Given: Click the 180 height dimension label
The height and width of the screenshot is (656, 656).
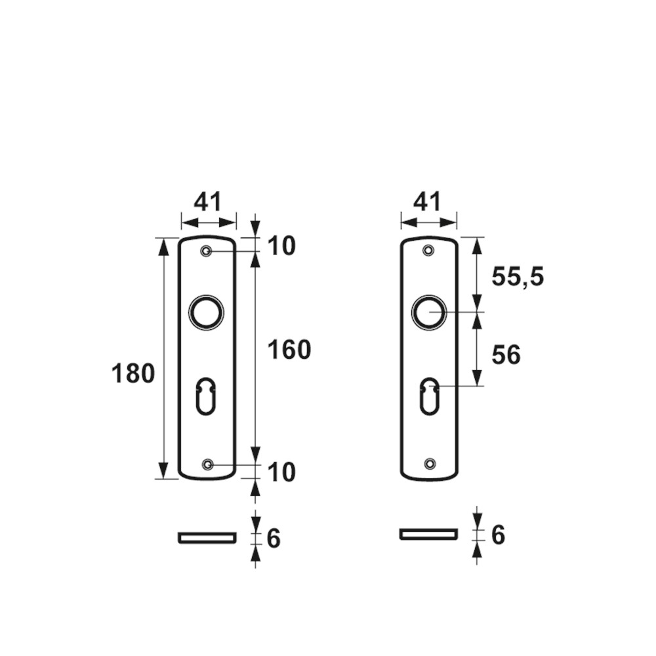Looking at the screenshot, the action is click(133, 374).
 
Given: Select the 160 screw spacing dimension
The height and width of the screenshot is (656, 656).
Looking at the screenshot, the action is click(289, 350).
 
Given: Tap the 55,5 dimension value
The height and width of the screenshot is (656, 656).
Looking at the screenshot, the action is click(518, 277).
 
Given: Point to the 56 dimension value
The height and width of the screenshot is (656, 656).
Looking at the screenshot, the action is click(506, 355).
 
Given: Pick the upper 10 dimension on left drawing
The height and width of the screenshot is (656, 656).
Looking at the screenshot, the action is click(281, 245).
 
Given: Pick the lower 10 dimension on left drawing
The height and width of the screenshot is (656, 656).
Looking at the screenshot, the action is click(281, 472).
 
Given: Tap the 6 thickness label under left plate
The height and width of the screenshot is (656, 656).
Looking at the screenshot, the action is click(273, 539).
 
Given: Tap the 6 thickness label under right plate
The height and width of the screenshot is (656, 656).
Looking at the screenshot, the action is click(498, 535).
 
